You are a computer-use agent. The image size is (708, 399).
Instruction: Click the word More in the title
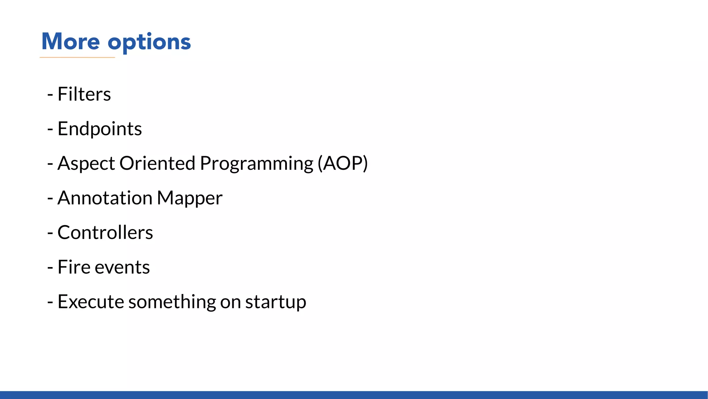tap(71, 42)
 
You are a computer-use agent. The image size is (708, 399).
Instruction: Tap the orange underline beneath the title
tap(77, 57)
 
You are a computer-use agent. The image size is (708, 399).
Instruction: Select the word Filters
tap(84, 94)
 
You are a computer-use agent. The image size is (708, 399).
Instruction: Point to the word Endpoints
tap(100, 129)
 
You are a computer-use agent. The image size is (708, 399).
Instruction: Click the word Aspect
tap(86, 163)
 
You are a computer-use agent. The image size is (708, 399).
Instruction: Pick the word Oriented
tap(157, 163)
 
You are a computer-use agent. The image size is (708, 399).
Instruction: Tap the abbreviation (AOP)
tap(343, 163)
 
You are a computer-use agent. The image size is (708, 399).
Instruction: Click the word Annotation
tap(105, 198)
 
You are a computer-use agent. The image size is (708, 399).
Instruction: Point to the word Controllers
tap(105, 232)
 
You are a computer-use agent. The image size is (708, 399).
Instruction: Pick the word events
tap(122, 268)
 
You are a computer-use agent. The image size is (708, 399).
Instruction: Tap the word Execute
tap(91, 302)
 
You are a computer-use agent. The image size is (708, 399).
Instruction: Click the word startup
tap(276, 302)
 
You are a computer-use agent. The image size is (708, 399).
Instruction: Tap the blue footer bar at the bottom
tap(354, 395)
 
